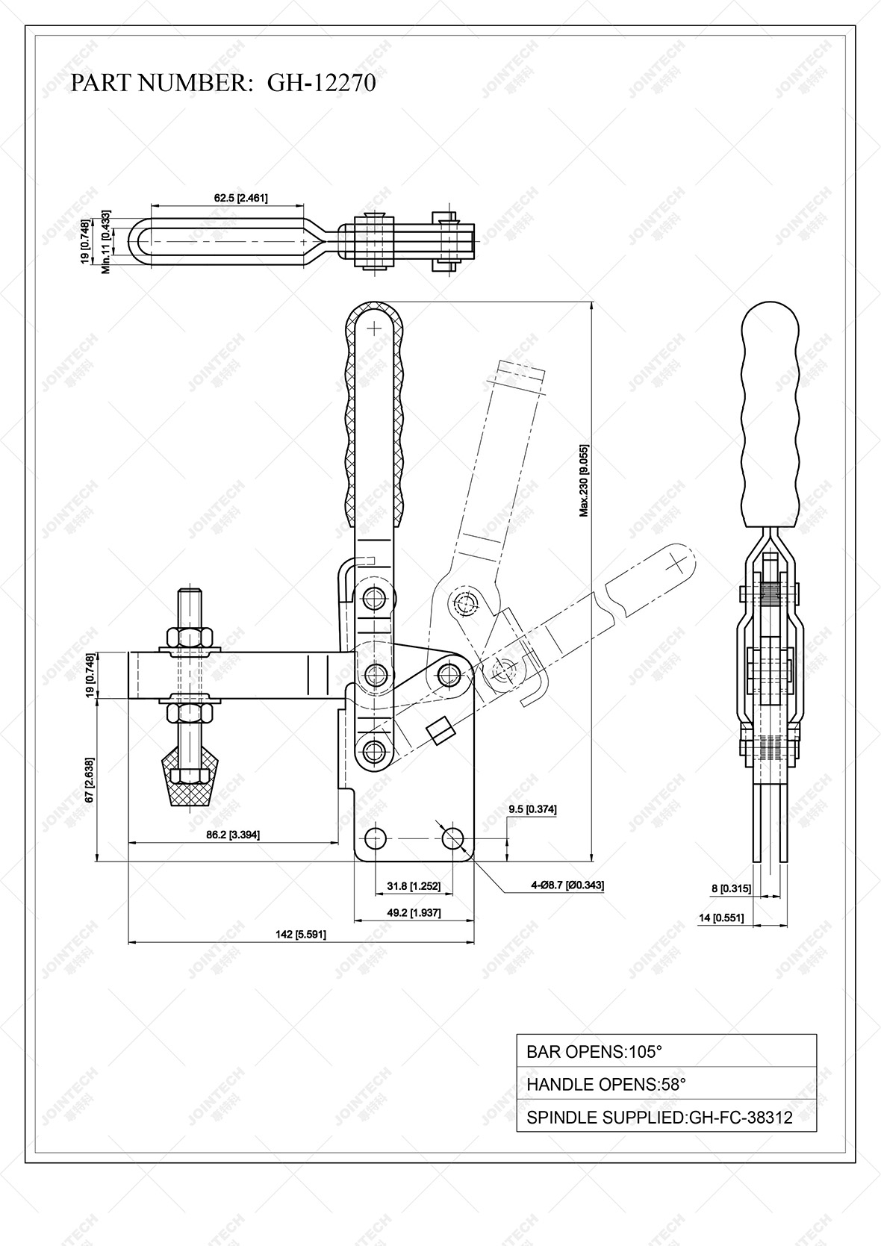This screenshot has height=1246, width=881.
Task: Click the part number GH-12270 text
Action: pos(223,82)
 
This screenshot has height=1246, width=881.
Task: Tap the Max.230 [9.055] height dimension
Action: pos(585,481)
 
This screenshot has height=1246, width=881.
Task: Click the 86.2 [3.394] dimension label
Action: pos(233,835)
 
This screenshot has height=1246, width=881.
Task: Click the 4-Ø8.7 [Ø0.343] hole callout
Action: pos(567,885)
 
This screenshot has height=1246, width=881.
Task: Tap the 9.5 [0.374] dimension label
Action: pos(532,809)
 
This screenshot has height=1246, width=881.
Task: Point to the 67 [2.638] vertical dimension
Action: pos(90,780)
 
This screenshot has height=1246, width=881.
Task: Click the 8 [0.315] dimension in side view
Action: pos(731,888)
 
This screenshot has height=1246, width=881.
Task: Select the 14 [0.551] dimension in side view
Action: pos(721,918)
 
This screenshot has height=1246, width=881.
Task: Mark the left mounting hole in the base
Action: pos(376,838)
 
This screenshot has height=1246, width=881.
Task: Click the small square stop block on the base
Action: pos(441,730)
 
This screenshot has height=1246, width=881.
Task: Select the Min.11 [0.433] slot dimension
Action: pos(106,242)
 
